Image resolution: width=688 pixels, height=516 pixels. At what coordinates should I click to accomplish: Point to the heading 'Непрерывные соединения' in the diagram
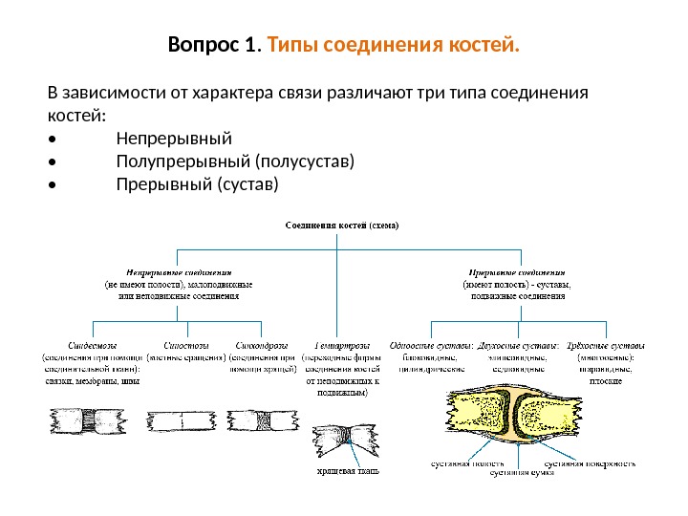coord(180,271)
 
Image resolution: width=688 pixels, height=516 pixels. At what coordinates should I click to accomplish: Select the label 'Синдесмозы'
coord(92,345)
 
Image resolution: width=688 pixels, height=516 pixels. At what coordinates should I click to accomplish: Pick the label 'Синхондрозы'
coord(260,345)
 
